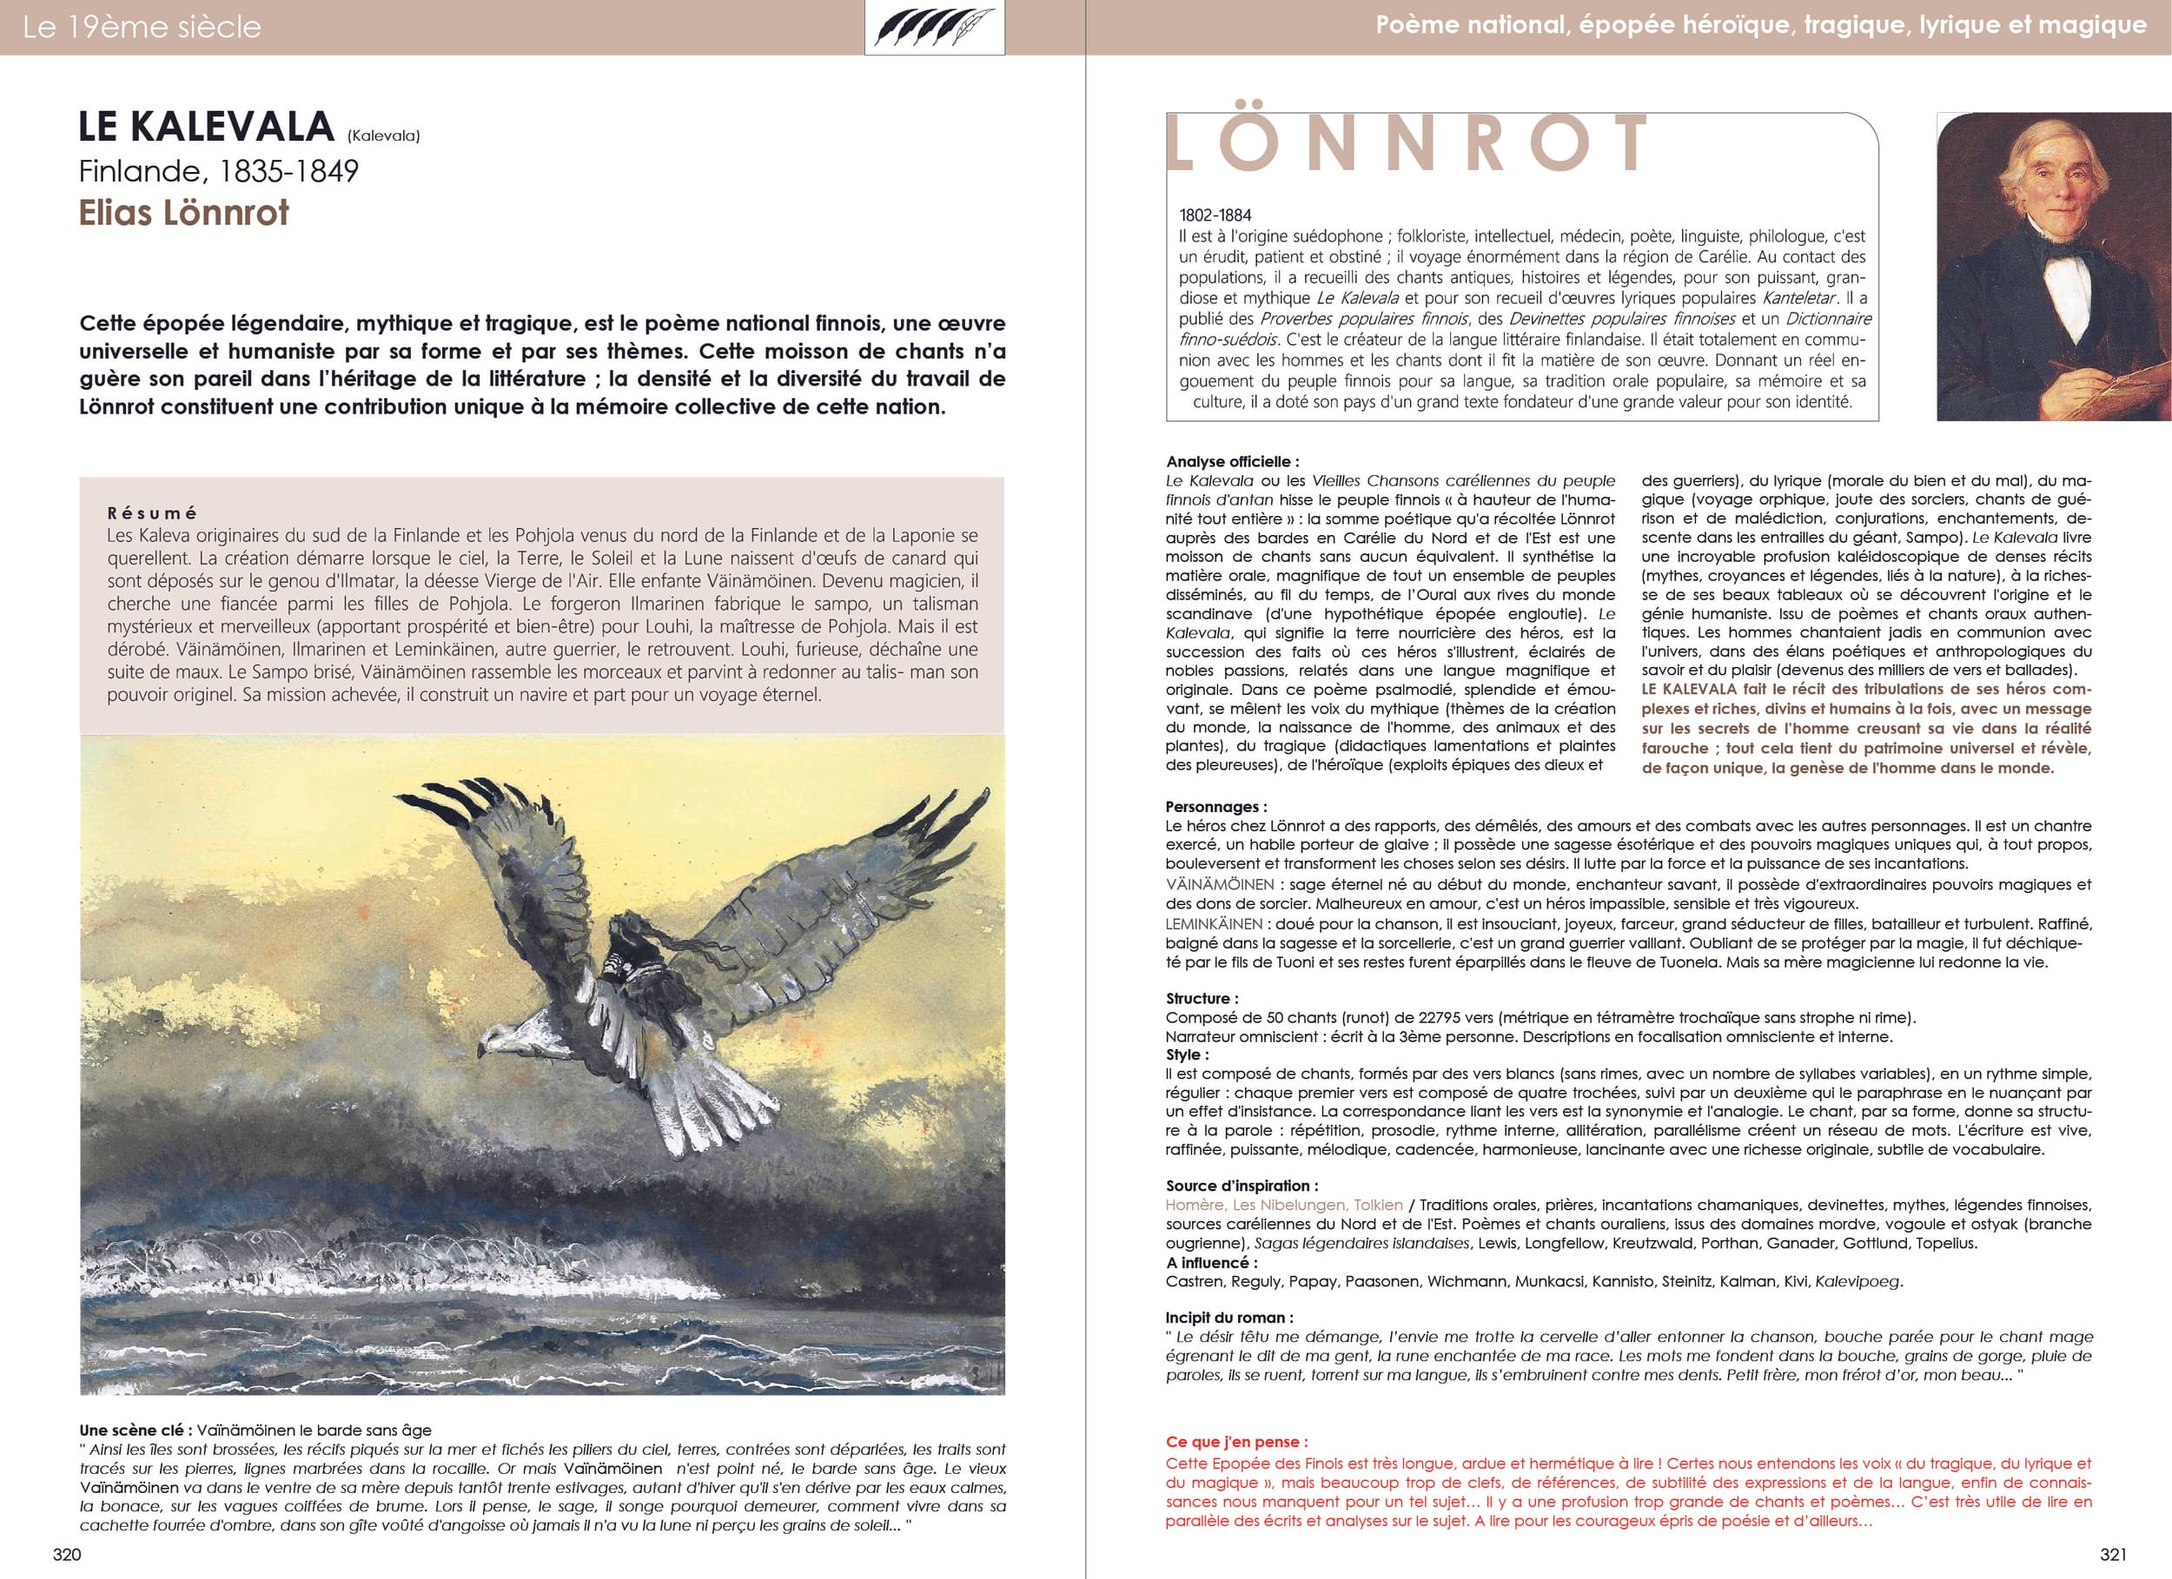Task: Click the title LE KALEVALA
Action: coord(206,128)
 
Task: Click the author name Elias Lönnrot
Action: coord(183,213)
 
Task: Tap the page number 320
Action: coord(67,1553)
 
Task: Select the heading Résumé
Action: coord(152,513)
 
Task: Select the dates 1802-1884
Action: coord(1215,215)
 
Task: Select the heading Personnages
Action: coord(1215,807)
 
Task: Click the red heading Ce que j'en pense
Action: coord(1236,1442)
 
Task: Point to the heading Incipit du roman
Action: coord(1228,1318)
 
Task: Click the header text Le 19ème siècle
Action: coord(141,27)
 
